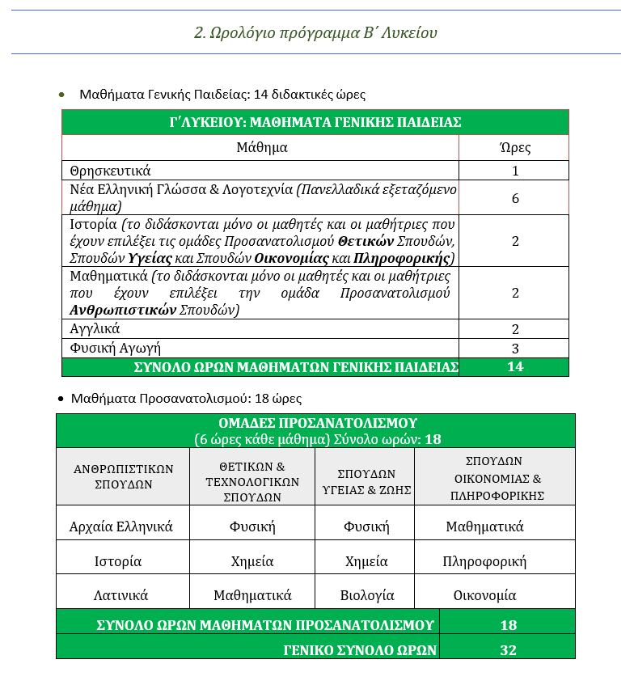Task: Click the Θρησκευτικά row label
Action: [111, 171]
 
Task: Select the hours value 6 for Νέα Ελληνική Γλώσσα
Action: [515, 198]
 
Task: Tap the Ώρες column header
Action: [516, 147]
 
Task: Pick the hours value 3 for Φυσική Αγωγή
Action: [515, 349]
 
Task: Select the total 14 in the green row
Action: [515, 367]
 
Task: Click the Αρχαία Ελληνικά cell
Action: [122, 526]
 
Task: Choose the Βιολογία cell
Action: [367, 595]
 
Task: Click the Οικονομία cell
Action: [484, 595]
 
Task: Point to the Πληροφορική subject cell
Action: [485, 560]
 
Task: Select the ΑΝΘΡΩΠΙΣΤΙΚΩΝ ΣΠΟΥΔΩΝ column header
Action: [122, 476]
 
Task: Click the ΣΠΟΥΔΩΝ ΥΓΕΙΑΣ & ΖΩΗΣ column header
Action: [366, 482]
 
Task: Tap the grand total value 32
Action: [508, 649]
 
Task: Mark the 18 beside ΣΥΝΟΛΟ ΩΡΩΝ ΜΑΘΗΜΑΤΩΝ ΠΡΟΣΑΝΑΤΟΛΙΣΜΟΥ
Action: [508, 624]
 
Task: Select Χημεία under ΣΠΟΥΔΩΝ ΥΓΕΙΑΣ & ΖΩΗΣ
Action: [366, 560]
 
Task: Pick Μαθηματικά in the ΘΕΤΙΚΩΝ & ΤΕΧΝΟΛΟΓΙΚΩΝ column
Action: [252, 595]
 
